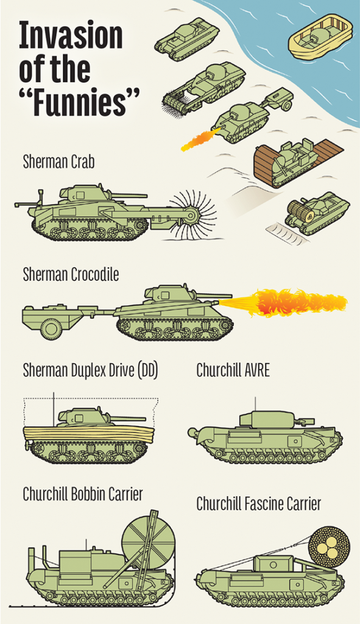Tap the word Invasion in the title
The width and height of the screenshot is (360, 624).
pyautogui.click(x=71, y=35)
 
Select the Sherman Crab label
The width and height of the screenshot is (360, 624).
pyautogui.click(x=59, y=162)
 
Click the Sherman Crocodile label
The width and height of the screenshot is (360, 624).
pyautogui.click(x=71, y=275)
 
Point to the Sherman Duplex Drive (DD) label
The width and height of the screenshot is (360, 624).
pyautogui.click(x=90, y=370)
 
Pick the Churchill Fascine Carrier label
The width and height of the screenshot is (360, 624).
pyautogui.click(x=258, y=504)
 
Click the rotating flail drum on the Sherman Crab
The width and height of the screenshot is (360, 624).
pyautogui.click(x=193, y=215)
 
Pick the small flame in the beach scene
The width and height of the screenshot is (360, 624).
pyautogui.click(x=200, y=139)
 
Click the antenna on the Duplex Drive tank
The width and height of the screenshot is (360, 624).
pyautogui.click(x=54, y=409)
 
